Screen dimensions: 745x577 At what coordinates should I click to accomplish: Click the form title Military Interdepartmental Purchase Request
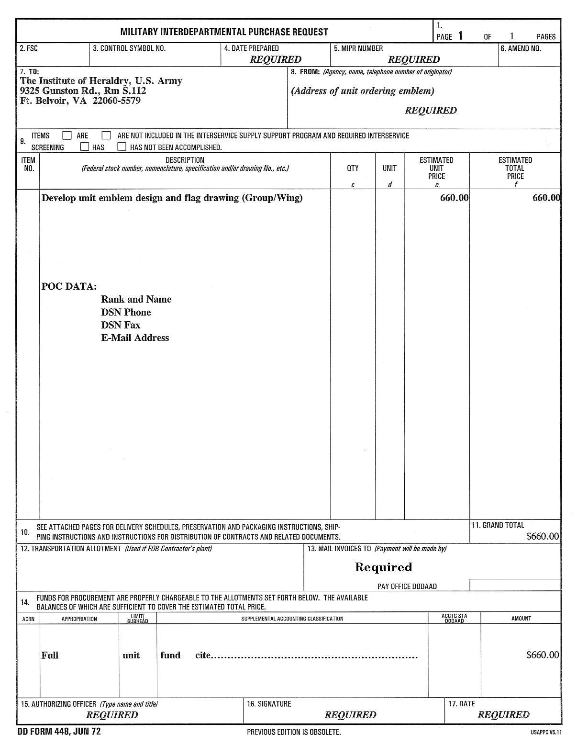click(224, 32)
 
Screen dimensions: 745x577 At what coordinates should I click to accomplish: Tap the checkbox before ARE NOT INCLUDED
click(106, 135)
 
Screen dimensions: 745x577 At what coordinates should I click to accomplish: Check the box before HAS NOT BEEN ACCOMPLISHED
click(122, 147)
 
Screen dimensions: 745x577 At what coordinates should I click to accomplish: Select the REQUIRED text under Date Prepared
click(276, 59)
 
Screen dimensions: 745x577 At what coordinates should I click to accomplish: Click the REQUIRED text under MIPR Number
click(414, 59)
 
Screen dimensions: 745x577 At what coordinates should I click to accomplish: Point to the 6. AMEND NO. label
click(521, 48)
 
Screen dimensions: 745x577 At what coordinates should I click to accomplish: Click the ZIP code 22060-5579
click(116, 101)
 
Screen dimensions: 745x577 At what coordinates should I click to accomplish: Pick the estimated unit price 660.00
click(454, 198)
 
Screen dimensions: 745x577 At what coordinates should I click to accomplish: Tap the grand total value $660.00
click(542, 536)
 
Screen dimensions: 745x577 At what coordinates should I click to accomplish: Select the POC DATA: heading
click(69, 287)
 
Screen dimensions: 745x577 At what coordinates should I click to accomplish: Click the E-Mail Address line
click(135, 338)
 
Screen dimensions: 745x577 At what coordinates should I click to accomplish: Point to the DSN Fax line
click(121, 325)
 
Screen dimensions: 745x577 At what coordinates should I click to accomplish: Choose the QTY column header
click(353, 168)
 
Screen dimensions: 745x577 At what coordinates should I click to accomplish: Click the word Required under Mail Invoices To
click(383, 567)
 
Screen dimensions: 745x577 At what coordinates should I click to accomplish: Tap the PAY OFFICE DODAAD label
click(407, 587)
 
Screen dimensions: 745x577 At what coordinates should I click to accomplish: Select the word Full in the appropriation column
click(50, 655)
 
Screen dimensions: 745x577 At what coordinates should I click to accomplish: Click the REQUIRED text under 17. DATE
click(503, 715)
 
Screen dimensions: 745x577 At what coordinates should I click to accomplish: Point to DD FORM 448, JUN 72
click(59, 732)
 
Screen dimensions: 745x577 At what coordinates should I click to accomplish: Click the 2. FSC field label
click(29, 48)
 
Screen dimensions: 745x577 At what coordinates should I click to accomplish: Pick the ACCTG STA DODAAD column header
click(454, 619)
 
